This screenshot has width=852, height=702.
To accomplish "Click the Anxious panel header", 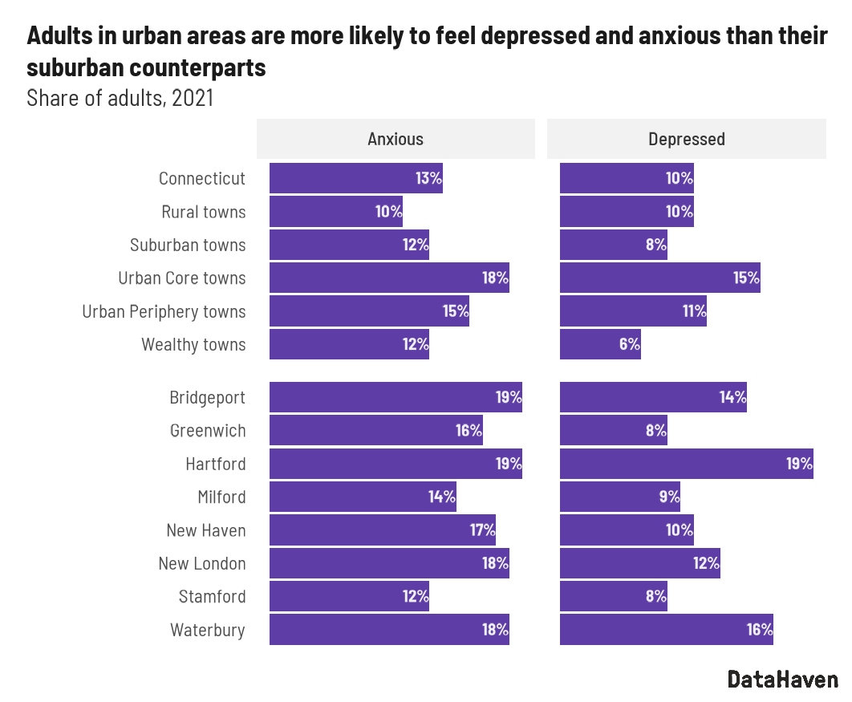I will point(396,139).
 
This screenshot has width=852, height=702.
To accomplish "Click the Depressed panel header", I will point(686,139).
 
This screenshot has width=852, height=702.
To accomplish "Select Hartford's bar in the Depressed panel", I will point(686,465).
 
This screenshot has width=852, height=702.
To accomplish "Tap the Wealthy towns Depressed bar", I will point(600,344).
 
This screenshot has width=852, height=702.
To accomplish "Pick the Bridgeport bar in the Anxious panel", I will point(396,398).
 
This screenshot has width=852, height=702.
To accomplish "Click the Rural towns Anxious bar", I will point(335,212).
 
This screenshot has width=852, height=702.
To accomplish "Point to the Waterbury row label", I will point(208,630).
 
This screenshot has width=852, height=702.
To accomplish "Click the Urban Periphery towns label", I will point(164,311).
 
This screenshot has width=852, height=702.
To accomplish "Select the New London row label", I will point(202,564).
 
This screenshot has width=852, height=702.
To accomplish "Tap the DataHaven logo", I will point(782,680).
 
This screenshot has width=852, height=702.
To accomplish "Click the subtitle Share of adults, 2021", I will point(120,99).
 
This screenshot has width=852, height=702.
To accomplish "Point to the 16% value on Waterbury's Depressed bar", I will point(759,630).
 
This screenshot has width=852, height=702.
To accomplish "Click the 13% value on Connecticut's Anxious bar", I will point(428,178).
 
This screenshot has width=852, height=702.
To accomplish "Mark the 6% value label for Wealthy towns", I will point(629,345).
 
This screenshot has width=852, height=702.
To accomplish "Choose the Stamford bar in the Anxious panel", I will point(349,597).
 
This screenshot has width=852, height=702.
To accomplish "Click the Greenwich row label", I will point(208,431).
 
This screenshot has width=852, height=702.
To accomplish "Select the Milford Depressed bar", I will point(619,497).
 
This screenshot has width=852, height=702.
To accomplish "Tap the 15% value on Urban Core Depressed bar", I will point(746,278).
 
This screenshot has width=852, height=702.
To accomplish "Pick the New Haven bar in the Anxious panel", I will point(382,530).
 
